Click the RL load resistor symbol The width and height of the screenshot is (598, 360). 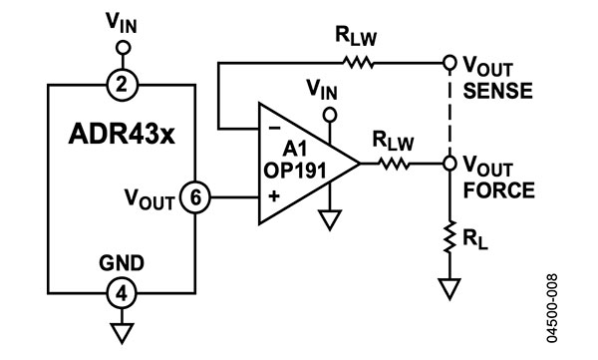tap(450, 238)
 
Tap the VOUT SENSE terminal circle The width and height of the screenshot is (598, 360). tap(450, 62)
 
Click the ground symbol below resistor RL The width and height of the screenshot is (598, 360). tap(450, 290)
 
